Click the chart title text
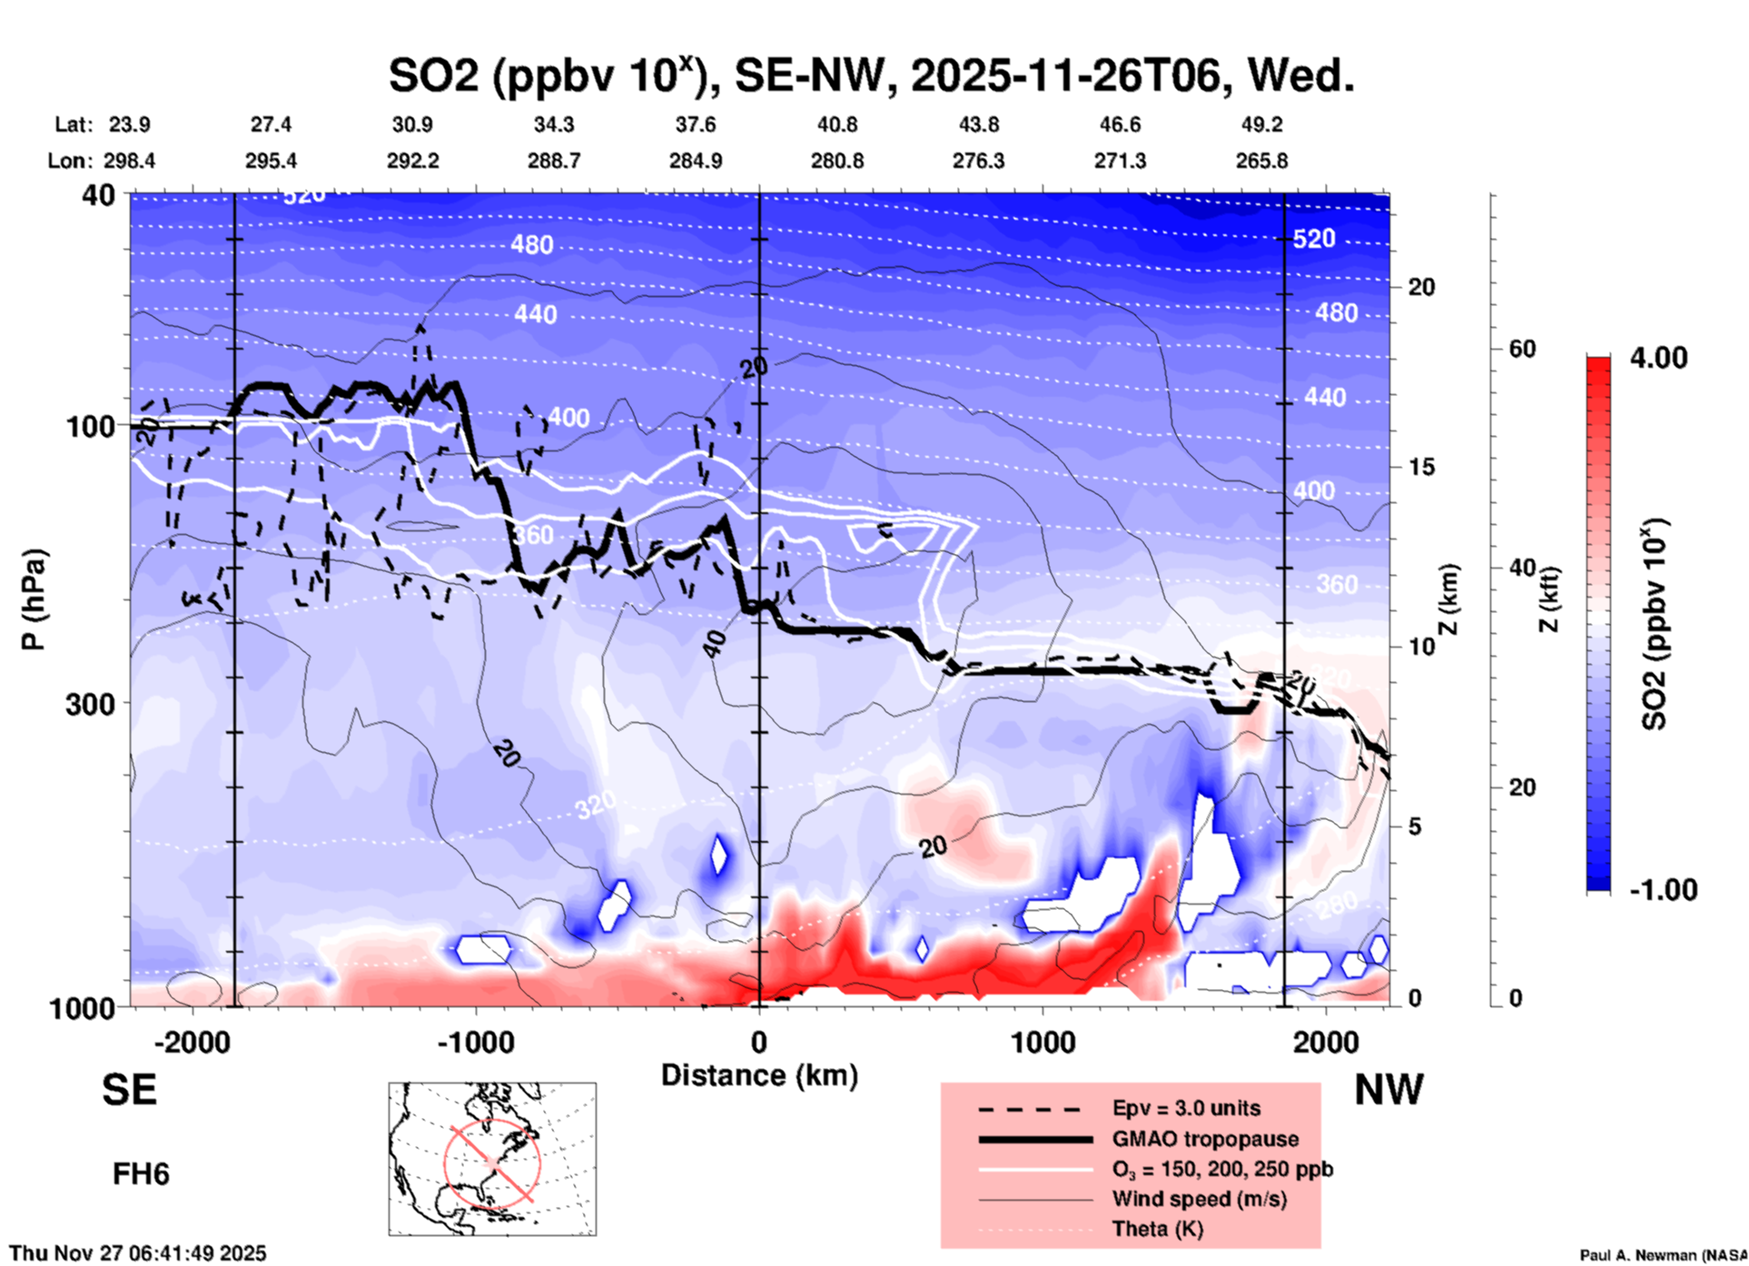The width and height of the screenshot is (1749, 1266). (x=871, y=74)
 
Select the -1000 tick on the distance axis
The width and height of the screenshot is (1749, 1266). (x=475, y=1042)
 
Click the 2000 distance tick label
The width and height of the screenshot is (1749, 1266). (x=1326, y=1042)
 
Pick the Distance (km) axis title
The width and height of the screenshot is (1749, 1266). (x=759, y=1075)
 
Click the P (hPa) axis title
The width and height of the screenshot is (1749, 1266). (x=34, y=599)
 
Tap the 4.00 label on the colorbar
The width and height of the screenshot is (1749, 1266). (x=1658, y=358)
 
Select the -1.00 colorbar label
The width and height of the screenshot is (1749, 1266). (x=1663, y=889)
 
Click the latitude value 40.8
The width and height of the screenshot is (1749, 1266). (x=836, y=124)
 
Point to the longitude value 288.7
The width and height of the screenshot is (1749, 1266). (x=554, y=161)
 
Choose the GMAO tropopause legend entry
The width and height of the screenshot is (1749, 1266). (x=1205, y=1139)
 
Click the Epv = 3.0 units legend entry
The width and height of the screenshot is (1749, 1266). (x=1186, y=1108)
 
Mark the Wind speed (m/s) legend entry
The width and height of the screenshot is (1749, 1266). (x=1199, y=1199)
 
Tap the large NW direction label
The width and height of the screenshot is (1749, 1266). (x=1388, y=1090)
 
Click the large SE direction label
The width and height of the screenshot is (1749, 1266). (x=129, y=1090)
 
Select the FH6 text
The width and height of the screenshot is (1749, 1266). (x=141, y=1174)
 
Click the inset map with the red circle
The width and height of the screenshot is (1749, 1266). (x=492, y=1159)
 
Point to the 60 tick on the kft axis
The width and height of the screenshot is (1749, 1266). (x=1522, y=349)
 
